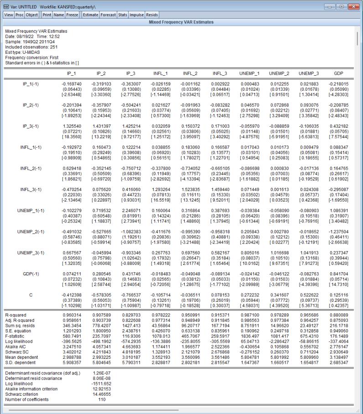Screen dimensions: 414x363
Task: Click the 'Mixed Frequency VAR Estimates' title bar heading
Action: [181, 21]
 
